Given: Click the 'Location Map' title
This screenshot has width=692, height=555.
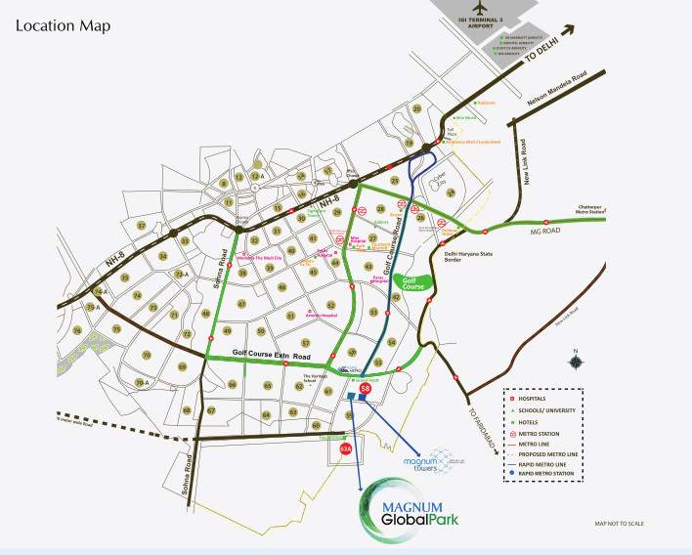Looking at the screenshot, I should point(63,24).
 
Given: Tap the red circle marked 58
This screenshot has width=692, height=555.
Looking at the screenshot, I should point(365,390).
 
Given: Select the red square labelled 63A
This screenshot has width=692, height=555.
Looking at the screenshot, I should point(345,448).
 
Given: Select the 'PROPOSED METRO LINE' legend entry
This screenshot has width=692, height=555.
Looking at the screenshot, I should point(553,452).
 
